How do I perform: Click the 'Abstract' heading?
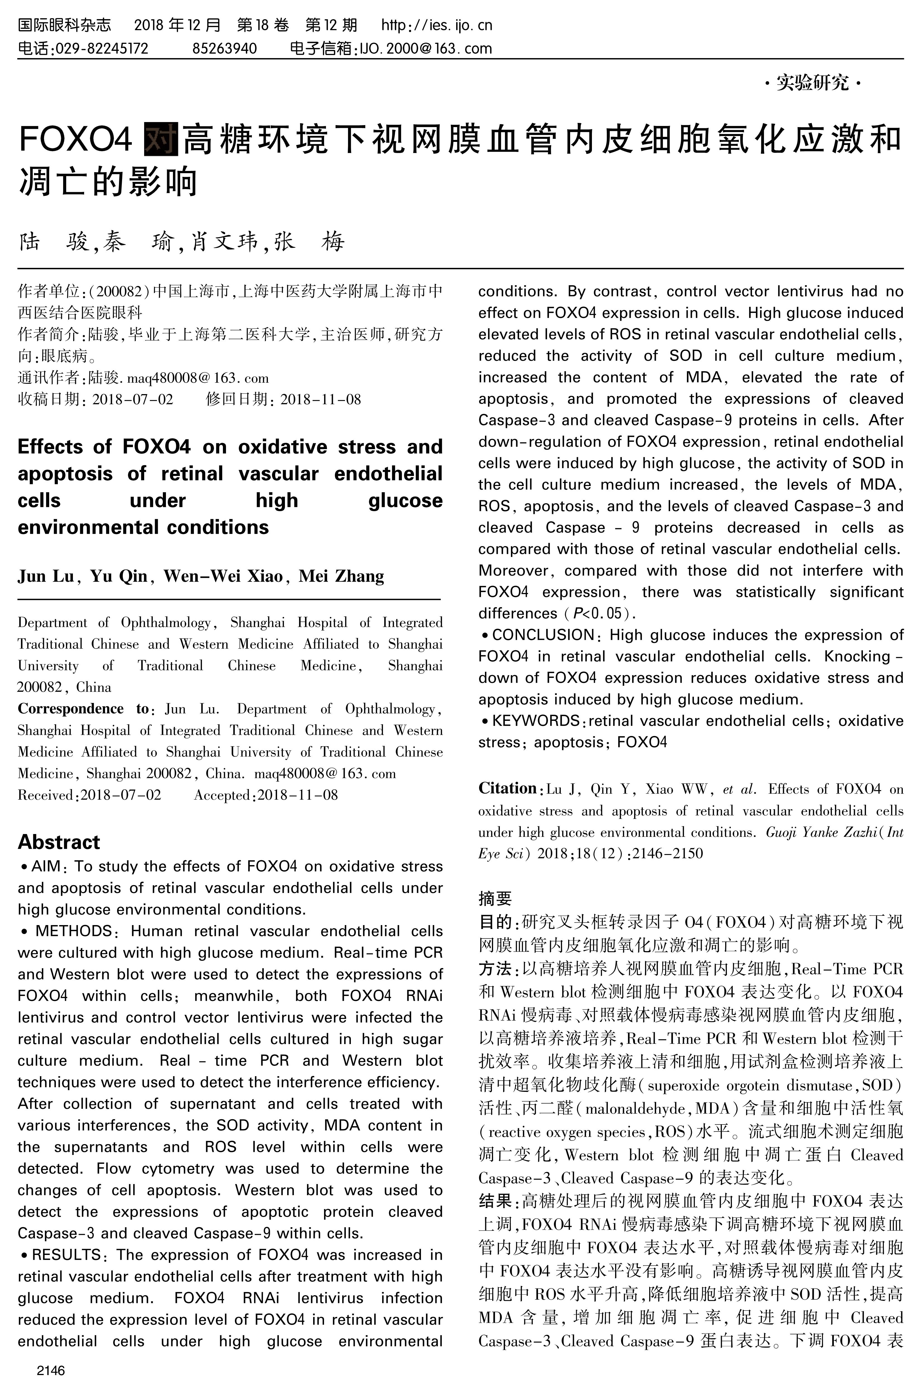[59, 842]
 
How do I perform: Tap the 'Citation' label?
[507, 788]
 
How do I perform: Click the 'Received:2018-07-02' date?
[89, 795]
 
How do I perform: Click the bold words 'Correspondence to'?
[84, 709]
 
